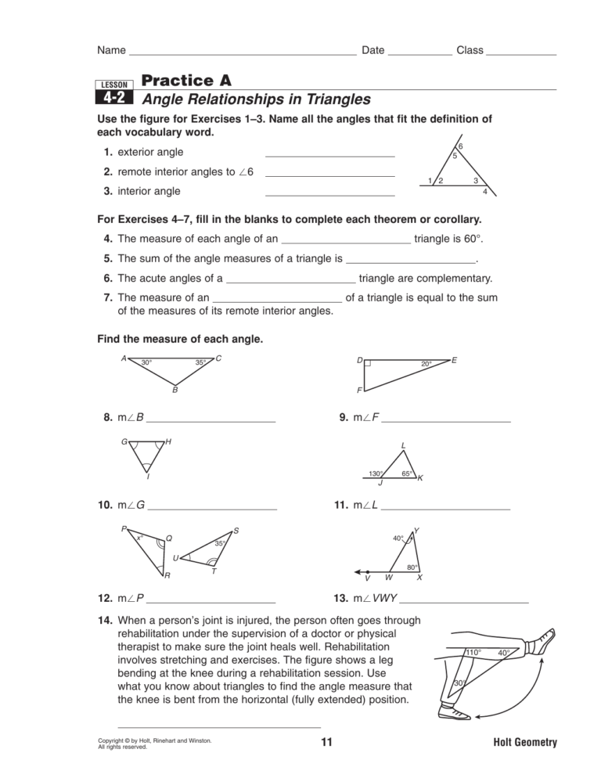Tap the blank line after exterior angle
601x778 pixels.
click(x=329, y=156)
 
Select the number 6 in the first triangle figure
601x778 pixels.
click(x=460, y=147)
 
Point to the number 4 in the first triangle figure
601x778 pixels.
click(x=485, y=192)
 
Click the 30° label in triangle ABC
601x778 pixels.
click(x=146, y=362)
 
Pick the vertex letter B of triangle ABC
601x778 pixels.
click(x=175, y=389)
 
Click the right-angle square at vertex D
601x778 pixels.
click(x=367, y=364)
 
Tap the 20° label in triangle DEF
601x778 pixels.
click(x=426, y=364)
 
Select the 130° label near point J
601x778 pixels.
click(x=376, y=474)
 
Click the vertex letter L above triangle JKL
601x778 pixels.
click(x=403, y=446)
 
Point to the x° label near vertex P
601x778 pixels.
click(x=139, y=537)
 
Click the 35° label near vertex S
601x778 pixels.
click(x=221, y=543)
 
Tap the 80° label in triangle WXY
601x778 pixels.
click(x=412, y=567)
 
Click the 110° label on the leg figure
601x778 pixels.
click(x=473, y=652)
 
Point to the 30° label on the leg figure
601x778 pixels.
click(x=460, y=683)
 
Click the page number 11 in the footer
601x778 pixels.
click(x=326, y=743)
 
